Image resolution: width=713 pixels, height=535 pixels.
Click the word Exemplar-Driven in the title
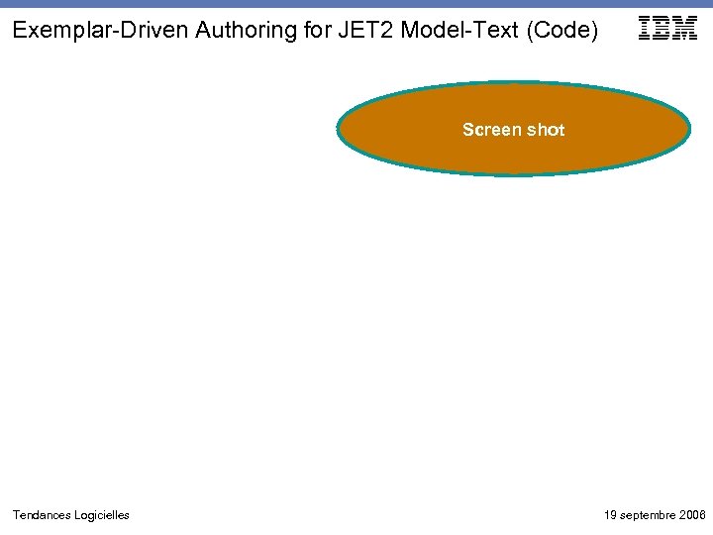tap(100, 31)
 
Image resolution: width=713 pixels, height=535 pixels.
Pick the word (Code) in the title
tap(563, 31)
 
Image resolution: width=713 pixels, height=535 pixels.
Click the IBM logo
tap(668, 29)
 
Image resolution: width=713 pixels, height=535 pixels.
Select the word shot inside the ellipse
tap(543, 130)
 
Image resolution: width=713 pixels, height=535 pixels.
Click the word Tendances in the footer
tap(41, 515)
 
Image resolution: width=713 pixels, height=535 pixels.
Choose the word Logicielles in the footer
tap(101, 515)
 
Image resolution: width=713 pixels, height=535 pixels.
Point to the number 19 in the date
tap(610, 515)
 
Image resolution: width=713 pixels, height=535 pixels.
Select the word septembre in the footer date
tap(647, 515)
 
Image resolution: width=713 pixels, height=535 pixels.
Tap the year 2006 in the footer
tap(692, 515)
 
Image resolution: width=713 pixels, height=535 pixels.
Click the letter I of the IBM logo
tap(646, 29)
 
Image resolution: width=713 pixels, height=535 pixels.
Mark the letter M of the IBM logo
tap(684, 29)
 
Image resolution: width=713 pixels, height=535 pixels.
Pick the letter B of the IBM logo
tap(662, 29)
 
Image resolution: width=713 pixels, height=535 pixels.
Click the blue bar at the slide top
tap(356, 4)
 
